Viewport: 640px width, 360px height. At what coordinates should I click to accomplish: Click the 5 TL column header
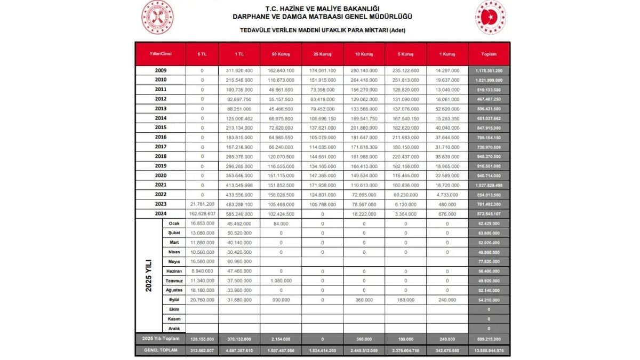[202, 54]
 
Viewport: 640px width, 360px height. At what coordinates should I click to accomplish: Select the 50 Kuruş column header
[281, 54]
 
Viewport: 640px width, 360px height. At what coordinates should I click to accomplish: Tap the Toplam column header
[489, 54]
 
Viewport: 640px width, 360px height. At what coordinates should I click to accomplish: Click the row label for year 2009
[161, 70]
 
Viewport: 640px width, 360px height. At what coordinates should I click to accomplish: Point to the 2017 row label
[161, 147]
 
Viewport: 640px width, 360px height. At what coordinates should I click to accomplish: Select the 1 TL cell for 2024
[239, 213]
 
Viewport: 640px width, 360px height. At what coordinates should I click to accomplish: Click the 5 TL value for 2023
[202, 204]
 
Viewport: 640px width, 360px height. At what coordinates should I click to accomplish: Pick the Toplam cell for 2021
[489, 185]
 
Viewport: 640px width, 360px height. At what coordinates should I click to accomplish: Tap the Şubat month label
[174, 233]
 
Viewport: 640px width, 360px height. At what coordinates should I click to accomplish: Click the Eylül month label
[174, 300]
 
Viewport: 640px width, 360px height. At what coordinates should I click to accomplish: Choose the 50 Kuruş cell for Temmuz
[281, 281]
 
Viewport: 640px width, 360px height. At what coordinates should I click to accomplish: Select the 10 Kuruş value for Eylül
[364, 300]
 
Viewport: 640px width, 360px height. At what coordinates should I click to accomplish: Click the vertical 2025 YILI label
[149, 275]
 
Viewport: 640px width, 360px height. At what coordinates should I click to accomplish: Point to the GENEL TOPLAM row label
[161, 350]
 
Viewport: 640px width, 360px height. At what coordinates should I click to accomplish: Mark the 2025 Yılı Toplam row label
[161, 339]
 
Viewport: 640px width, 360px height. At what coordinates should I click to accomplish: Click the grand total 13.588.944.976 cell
[489, 350]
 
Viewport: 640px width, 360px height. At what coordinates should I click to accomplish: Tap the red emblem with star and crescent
[490, 17]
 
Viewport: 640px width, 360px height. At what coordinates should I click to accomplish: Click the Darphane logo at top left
[157, 17]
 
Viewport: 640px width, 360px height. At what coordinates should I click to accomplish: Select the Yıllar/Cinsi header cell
[161, 54]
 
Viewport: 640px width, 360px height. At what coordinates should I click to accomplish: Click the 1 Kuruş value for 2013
[447, 108]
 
